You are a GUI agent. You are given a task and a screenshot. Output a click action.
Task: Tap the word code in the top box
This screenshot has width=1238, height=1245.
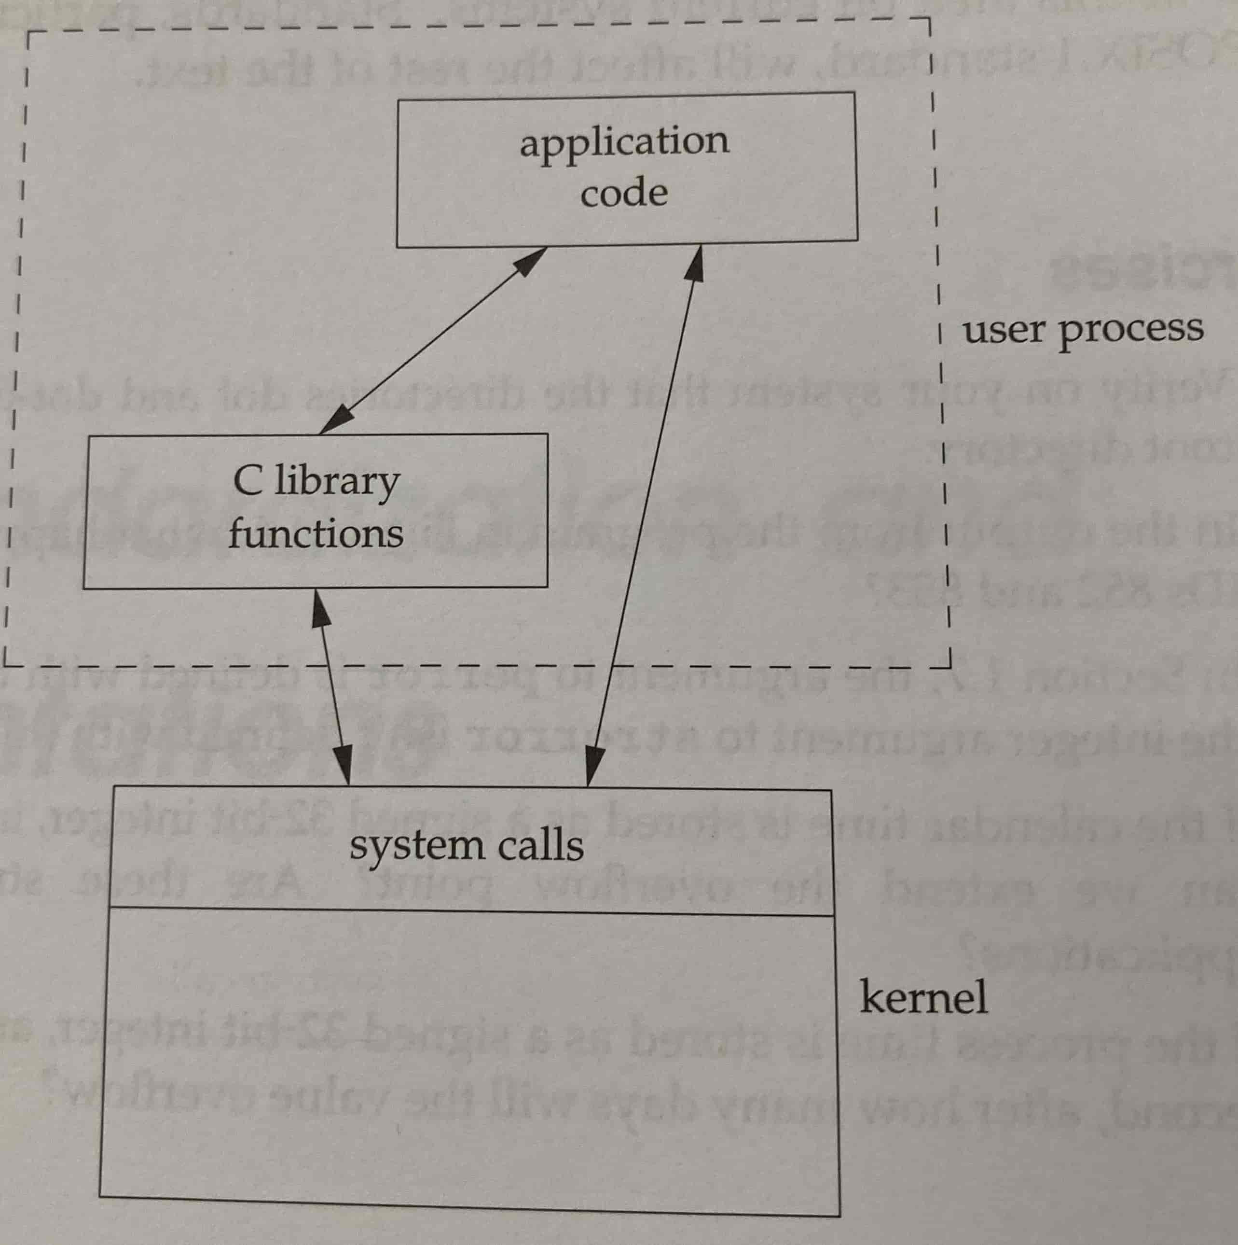pyautogui.click(x=623, y=193)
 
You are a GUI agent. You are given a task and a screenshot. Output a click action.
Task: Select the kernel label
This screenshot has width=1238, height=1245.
pyautogui.click(x=923, y=997)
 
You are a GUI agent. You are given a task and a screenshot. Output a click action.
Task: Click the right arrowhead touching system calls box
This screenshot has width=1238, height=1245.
pyautogui.click(x=592, y=768)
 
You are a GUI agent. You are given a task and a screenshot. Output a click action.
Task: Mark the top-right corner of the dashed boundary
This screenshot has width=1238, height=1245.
pyautogui.click(x=930, y=20)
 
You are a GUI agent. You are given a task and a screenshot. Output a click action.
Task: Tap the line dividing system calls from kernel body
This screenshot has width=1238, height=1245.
pyautogui.click(x=470, y=911)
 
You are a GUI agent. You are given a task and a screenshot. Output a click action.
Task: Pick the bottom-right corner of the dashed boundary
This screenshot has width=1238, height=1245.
pyautogui.click(x=949, y=666)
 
